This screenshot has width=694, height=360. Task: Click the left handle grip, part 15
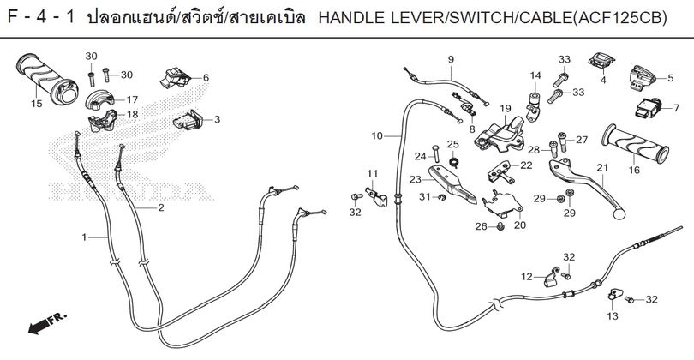click(46, 79)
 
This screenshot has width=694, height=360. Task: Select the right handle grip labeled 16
click(635, 143)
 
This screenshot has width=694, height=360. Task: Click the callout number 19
click(506, 109)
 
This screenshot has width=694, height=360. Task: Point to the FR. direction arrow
click(47, 324)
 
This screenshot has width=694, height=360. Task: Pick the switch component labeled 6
click(175, 77)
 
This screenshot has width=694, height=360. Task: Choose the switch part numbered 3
click(188, 120)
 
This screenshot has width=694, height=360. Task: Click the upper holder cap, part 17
click(100, 99)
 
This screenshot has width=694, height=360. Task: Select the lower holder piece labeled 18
click(103, 121)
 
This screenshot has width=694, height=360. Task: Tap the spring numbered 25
click(452, 161)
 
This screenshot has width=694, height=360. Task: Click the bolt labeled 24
click(434, 153)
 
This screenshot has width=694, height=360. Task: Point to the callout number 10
click(377, 136)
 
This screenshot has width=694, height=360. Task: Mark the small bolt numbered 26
click(500, 227)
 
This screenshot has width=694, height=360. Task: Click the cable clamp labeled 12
click(550, 278)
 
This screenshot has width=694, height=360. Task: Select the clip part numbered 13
click(615, 293)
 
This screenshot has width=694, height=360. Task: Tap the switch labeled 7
click(649, 108)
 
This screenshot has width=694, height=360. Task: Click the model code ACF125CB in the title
click(619, 18)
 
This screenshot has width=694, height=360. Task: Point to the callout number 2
click(161, 207)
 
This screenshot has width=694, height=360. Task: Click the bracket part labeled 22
click(501, 172)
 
